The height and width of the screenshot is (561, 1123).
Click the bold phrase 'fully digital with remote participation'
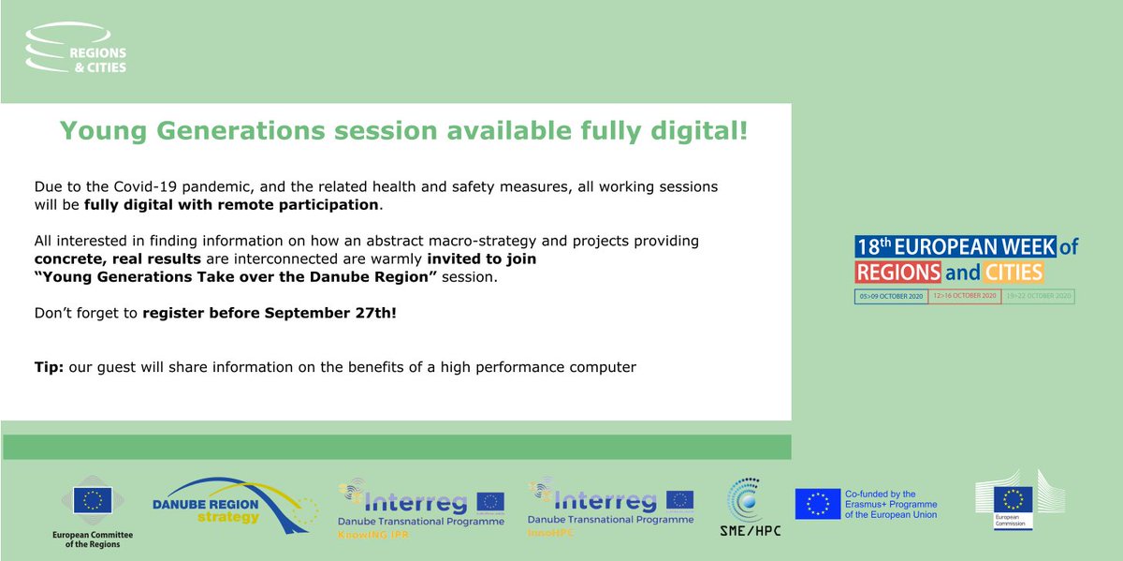[231, 204]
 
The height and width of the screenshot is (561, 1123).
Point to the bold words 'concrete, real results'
[117, 258]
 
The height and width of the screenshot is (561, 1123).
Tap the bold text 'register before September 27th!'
[270, 312]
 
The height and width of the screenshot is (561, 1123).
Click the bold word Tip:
[49, 367]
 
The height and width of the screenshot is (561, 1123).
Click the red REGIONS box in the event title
[897, 273]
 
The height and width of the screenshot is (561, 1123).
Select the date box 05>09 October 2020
[890, 297]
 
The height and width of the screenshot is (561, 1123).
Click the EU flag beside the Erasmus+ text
[817, 504]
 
